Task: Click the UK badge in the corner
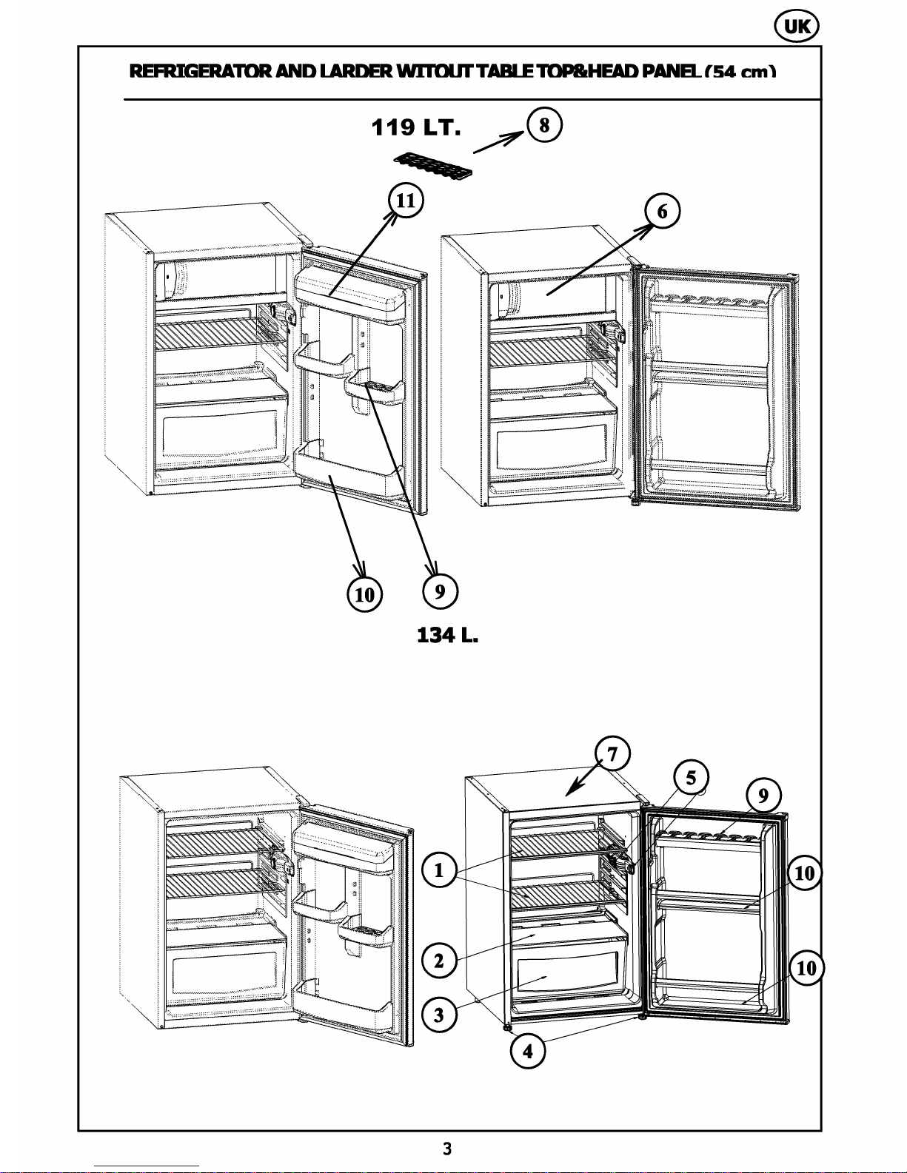coord(797,27)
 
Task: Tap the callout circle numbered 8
coord(544,125)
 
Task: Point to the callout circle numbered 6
coord(662,212)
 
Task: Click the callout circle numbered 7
coord(612,754)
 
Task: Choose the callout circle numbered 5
coord(691,778)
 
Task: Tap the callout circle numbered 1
coord(439,870)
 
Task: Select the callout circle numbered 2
coord(439,961)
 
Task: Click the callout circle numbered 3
coord(439,1015)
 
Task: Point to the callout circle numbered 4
coord(528,1052)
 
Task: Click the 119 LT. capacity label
coord(417,128)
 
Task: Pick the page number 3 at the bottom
coord(446,1149)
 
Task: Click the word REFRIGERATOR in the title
coord(200,72)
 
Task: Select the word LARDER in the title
coord(355,72)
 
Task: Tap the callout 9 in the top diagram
coord(440,591)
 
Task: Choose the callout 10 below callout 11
coord(365,594)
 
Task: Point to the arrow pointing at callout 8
coord(499,142)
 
